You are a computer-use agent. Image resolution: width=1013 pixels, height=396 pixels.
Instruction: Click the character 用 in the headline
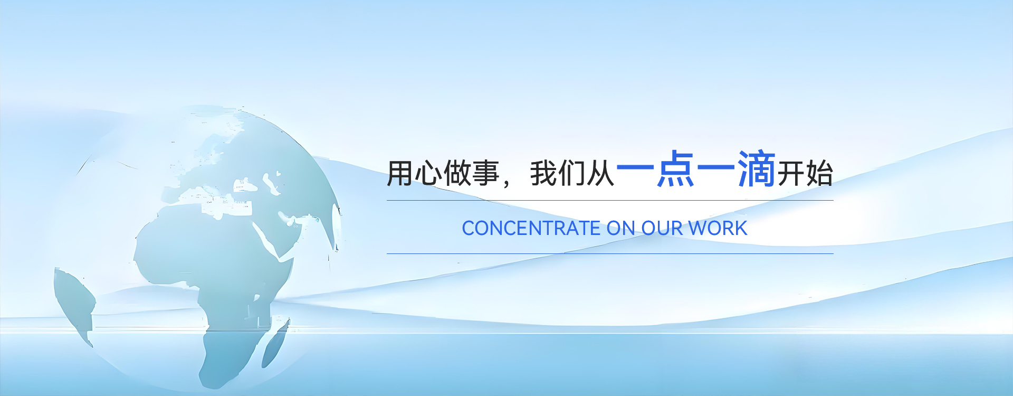[400, 173]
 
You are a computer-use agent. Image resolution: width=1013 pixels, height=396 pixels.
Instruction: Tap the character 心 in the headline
[428, 173]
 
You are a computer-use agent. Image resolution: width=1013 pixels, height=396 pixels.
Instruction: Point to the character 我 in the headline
[544, 173]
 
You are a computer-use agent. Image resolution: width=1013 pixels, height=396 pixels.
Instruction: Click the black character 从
[601, 173]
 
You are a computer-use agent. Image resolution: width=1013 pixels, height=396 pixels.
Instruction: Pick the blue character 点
[675, 168]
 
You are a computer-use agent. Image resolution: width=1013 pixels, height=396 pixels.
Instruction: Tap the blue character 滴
[757, 168]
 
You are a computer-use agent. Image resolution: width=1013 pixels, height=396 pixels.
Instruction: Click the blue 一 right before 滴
[716, 168]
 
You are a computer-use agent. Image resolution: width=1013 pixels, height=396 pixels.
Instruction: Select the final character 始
[819, 173]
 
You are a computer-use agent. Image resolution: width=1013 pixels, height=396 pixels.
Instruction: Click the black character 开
[791, 173]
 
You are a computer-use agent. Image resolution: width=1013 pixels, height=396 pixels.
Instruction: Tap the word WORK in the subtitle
[718, 228]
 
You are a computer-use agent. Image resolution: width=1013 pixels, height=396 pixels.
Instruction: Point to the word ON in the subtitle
[621, 228]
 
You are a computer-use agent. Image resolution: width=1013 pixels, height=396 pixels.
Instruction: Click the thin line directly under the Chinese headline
[610, 200]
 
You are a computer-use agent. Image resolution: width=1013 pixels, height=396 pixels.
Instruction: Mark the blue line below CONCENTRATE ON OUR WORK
[610, 253]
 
